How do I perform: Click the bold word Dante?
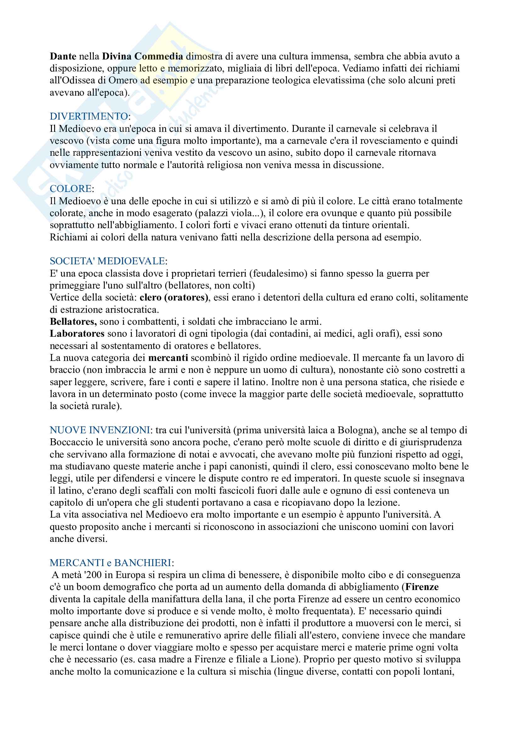click(x=63, y=56)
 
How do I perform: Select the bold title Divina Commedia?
click(x=143, y=56)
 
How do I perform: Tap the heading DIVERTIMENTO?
click(x=89, y=116)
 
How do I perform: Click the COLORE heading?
click(x=71, y=189)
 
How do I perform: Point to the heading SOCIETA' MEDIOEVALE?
click(x=108, y=261)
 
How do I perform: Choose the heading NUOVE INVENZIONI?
click(x=100, y=430)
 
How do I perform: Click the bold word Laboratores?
click(x=77, y=334)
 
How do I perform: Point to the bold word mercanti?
click(x=168, y=358)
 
